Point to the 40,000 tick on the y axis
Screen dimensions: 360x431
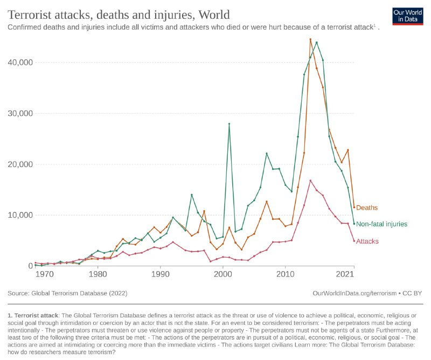(x=19, y=63)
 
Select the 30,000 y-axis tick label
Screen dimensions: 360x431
(x=19, y=114)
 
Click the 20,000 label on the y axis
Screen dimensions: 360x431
(x=19, y=164)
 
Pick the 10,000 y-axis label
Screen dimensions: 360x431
(x=19, y=215)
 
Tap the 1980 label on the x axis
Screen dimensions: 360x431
(x=98, y=274)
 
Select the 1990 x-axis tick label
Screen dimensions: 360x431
(x=160, y=274)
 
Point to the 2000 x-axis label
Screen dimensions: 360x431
(x=223, y=274)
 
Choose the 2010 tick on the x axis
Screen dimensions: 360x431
(x=285, y=274)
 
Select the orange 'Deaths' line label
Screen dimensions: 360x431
(x=367, y=207)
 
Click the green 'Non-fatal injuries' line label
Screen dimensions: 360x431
(x=381, y=224)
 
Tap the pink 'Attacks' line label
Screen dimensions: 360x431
(x=367, y=241)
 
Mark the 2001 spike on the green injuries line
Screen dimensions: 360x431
(x=229, y=124)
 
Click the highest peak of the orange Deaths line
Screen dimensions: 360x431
(x=310, y=39)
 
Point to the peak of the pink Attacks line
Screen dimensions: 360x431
(x=310, y=181)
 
